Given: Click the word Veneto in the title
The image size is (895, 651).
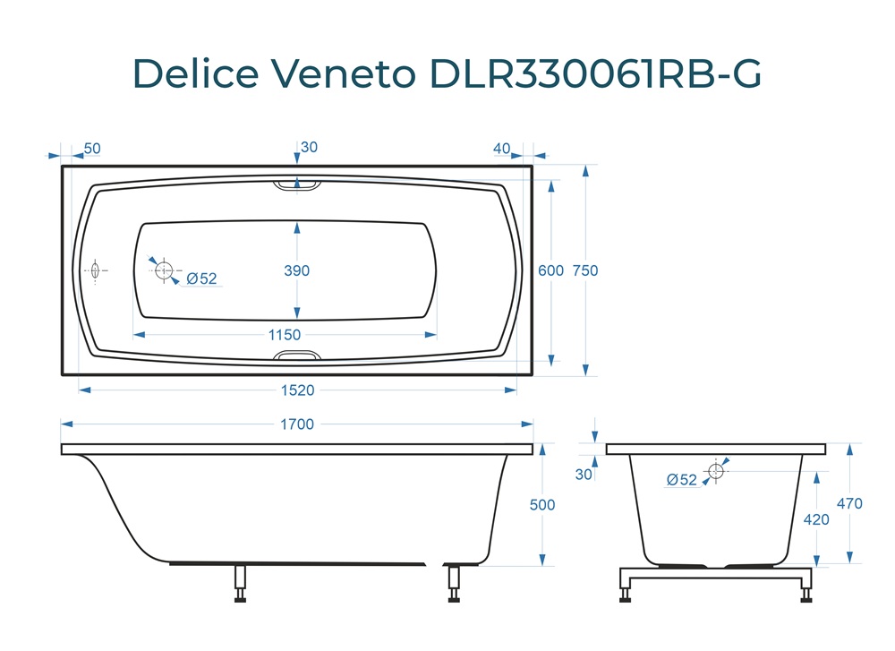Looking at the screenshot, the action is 343,73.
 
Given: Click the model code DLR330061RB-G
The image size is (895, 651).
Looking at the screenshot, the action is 596,73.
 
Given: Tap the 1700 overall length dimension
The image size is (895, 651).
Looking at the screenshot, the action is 297,424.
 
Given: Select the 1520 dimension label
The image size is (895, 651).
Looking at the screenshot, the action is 297,390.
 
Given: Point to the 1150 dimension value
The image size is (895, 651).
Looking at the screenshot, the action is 285,335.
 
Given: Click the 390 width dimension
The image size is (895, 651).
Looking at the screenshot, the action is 297,270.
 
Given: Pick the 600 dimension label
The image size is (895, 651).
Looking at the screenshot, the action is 550,270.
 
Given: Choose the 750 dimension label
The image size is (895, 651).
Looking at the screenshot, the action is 585,270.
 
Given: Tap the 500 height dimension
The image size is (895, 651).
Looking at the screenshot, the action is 542,505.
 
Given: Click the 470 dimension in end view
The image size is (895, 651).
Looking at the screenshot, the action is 849,503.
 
